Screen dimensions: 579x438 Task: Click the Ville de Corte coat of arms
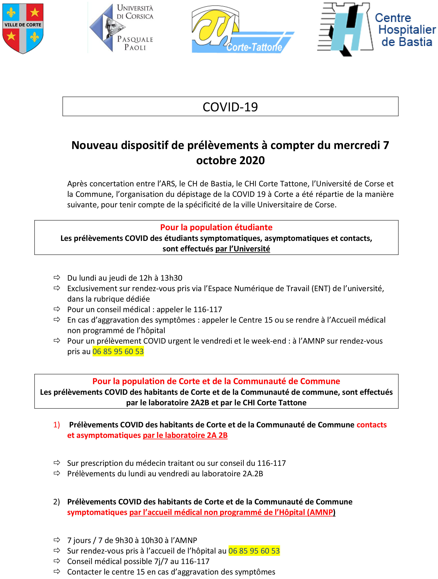click(x=23, y=28)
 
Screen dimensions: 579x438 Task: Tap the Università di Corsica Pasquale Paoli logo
click(x=121, y=28)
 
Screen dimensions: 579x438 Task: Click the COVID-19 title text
click(x=230, y=107)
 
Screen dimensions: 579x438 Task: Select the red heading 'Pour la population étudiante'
click(x=216, y=227)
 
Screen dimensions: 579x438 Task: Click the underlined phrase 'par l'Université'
click(x=242, y=249)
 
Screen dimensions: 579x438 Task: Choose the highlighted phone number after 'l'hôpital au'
click(x=254, y=551)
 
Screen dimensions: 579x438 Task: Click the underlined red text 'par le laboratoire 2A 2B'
click(x=185, y=435)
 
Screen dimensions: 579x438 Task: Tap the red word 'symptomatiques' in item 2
click(x=97, y=512)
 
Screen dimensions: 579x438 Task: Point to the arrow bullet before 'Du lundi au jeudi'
click(x=57, y=277)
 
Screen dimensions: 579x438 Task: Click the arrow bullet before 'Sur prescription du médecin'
click(x=57, y=463)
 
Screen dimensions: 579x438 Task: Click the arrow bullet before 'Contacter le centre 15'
click(x=57, y=572)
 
